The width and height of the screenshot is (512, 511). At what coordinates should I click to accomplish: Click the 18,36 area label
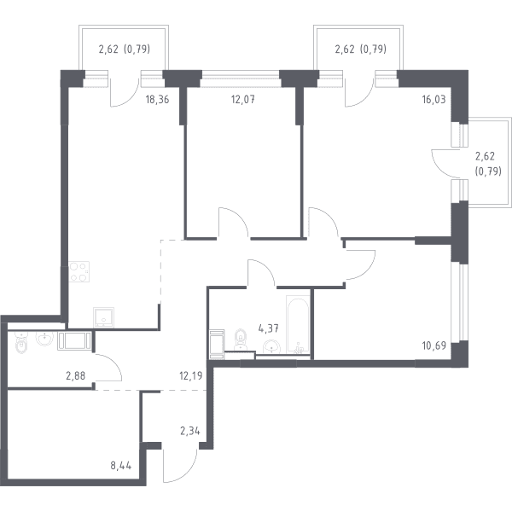(157, 99)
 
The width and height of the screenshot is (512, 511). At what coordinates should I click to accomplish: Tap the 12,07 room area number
(243, 99)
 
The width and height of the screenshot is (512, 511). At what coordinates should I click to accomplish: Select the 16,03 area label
(433, 99)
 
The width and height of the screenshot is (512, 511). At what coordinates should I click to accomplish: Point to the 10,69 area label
(434, 346)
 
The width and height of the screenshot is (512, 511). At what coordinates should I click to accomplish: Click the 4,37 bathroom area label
(269, 328)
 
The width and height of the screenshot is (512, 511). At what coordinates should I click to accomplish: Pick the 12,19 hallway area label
(191, 376)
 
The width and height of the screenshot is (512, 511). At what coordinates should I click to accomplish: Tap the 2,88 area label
(75, 376)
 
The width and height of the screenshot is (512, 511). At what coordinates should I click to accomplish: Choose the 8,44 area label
(121, 466)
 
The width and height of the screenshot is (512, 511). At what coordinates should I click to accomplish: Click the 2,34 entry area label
(190, 432)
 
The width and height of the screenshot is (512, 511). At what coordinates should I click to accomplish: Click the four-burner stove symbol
(79, 271)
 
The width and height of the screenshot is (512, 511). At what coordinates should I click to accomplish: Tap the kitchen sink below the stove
(103, 317)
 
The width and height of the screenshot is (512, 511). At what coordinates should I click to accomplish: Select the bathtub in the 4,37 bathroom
(298, 324)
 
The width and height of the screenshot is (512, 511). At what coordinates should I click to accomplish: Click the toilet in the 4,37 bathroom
(241, 339)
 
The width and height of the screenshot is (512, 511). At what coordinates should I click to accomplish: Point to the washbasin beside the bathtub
(271, 347)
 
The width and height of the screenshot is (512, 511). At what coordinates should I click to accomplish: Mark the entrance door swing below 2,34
(181, 466)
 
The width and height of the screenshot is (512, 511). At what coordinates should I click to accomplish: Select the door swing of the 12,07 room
(234, 222)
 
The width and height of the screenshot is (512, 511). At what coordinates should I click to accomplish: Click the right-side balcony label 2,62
(485, 156)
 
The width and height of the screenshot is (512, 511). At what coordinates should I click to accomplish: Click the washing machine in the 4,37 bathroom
(217, 344)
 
